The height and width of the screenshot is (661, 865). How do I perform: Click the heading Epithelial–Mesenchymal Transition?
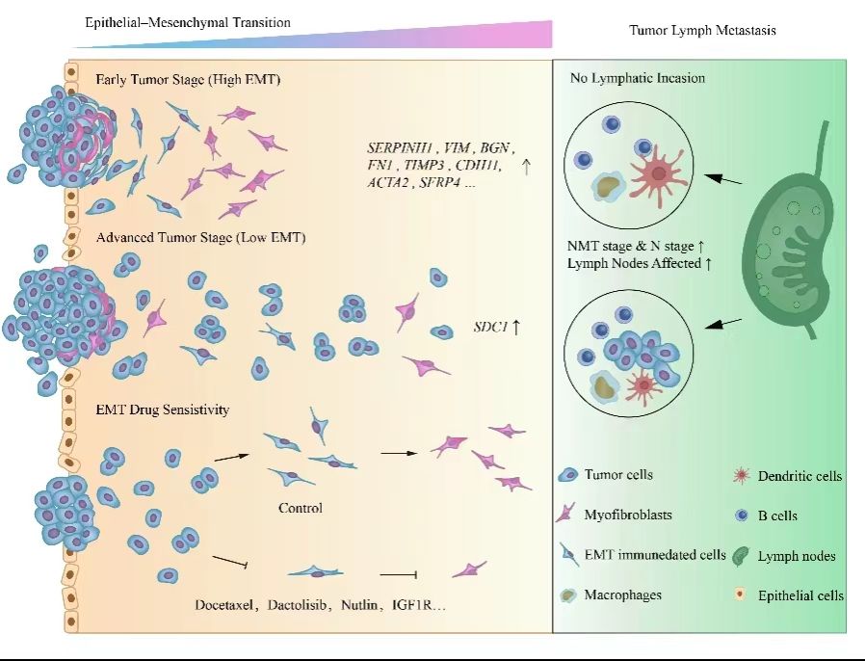(188, 22)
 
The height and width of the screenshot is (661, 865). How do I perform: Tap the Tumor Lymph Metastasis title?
(702, 30)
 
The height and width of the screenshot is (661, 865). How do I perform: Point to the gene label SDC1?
(490, 327)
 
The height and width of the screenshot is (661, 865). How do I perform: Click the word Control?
(301, 508)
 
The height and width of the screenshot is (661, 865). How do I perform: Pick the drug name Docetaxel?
(223, 605)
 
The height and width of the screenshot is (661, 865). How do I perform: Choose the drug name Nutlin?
(359, 605)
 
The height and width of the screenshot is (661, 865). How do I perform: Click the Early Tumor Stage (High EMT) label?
(188, 79)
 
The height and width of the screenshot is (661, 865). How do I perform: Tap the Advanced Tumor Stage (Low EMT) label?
(200, 237)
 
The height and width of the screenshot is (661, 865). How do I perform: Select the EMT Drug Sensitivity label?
(162, 410)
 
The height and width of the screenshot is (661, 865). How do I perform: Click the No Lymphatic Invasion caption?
(638, 78)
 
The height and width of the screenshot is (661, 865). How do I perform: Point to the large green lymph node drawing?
(786, 229)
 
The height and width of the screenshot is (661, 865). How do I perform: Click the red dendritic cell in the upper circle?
(658, 173)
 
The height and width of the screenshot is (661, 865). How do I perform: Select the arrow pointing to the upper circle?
(723, 179)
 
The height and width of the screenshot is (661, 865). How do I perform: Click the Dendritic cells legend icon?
(742, 475)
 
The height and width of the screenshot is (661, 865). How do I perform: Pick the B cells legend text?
(777, 516)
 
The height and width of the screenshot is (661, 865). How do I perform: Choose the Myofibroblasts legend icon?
(566, 514)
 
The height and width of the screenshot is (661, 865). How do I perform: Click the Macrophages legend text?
(623, 595)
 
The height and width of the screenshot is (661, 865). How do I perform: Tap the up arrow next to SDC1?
(515, 328)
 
